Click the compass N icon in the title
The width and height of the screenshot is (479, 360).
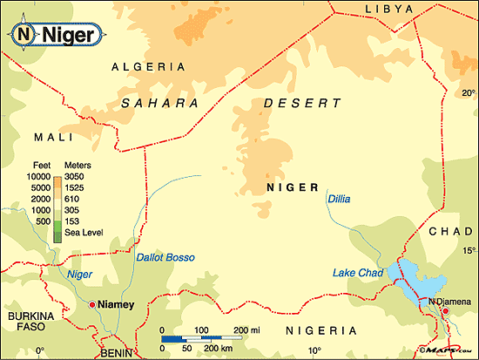point(24,35)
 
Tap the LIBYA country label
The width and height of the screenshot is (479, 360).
point(377,8)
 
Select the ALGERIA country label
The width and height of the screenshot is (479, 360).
point(149,66)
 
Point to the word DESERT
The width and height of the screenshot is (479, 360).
point(301,103)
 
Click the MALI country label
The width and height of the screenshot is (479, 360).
point(51,138)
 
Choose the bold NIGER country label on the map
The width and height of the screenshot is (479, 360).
point(292,187)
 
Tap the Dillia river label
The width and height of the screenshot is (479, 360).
point(339,199)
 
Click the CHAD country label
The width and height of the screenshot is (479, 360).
point(449,230)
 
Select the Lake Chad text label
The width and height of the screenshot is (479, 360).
point(358,273)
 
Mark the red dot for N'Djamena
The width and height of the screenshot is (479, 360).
point(445,310)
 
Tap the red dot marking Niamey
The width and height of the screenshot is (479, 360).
point(91,304)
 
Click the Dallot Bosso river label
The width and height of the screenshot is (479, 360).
point(165,257)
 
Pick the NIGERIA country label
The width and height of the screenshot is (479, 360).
point(321,331)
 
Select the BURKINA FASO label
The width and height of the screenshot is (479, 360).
point(31,322)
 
